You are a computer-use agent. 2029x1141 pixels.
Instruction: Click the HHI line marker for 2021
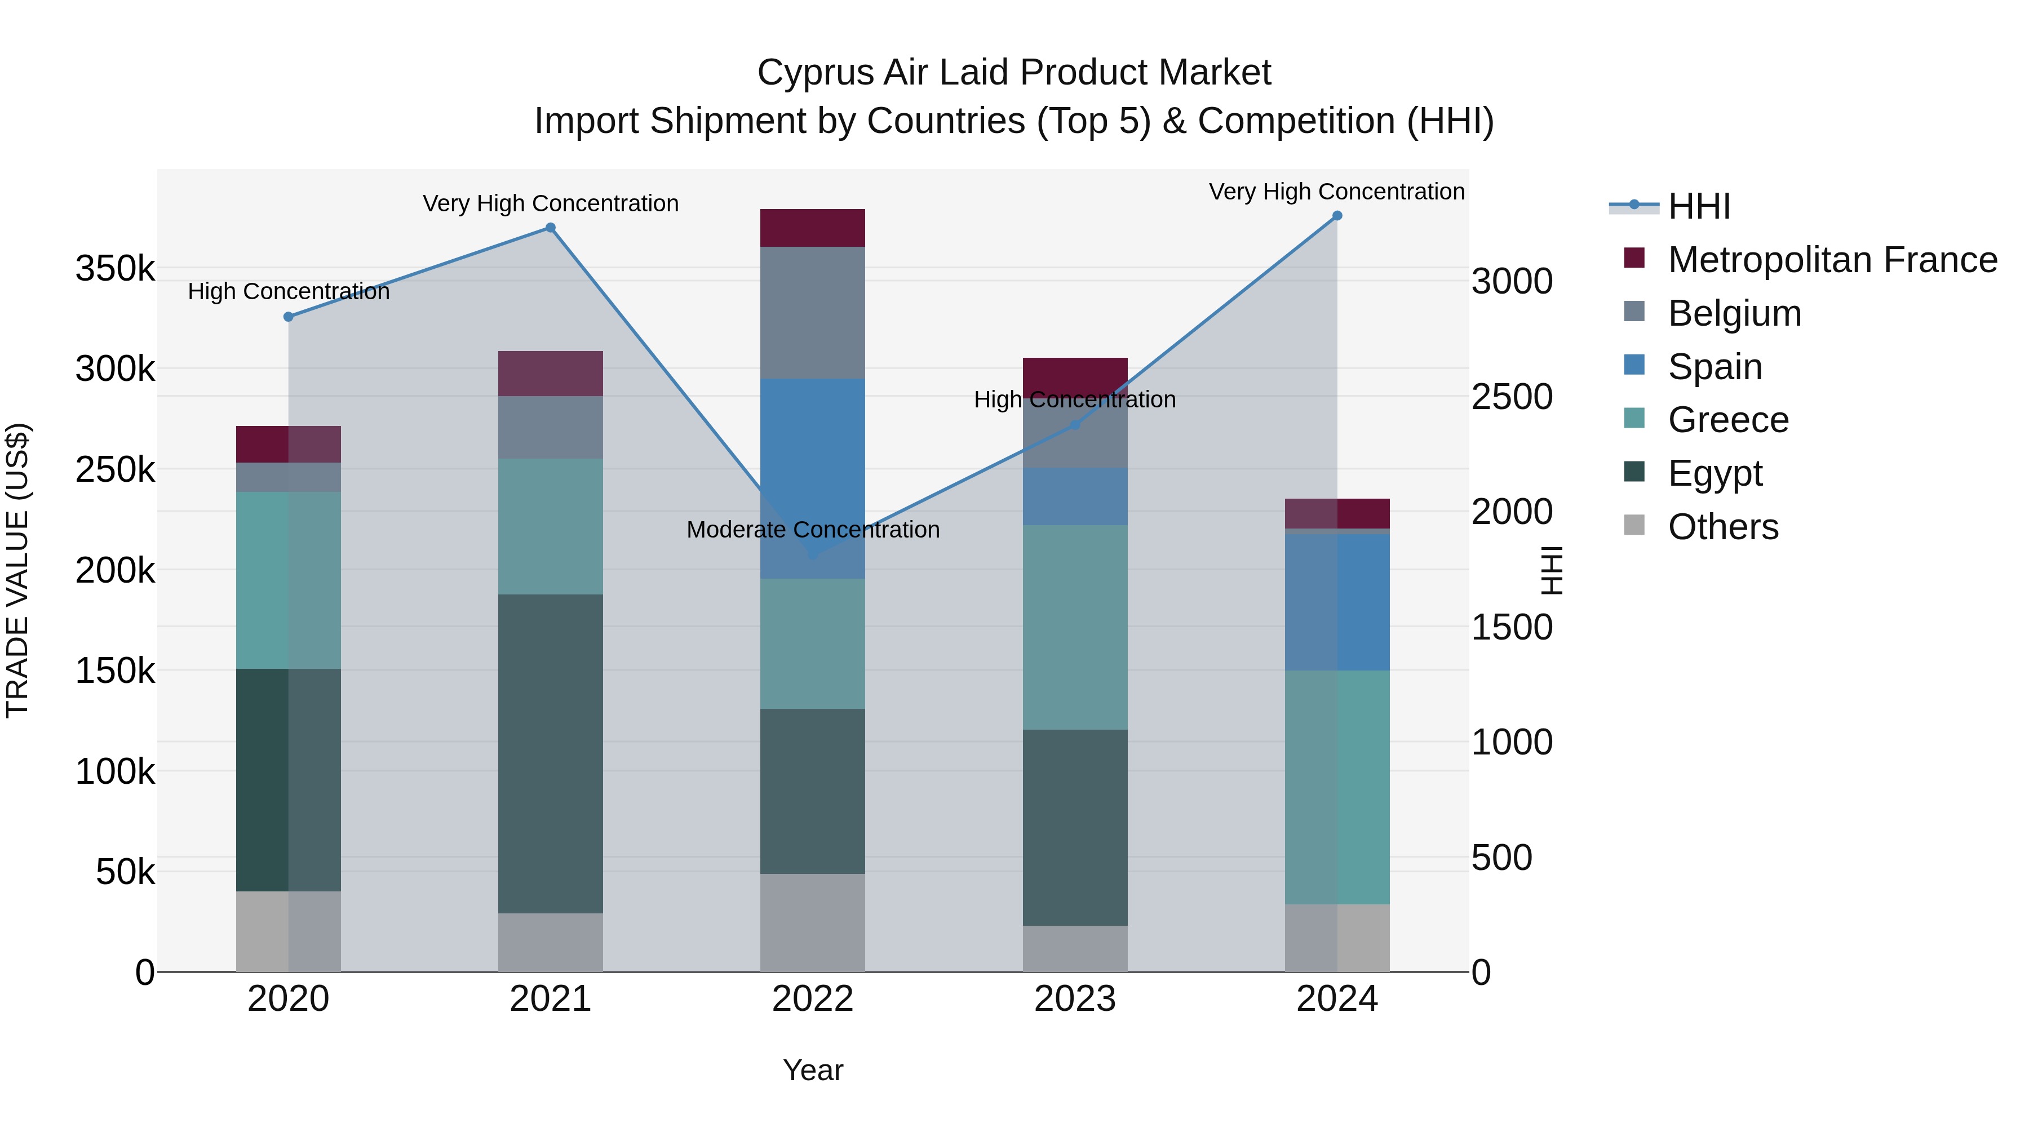551,228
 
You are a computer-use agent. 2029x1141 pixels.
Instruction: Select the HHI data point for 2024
1337,216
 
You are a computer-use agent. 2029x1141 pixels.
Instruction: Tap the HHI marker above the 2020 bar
288,317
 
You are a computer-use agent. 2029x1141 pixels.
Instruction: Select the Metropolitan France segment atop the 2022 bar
812,228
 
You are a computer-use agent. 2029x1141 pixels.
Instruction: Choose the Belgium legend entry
1733,313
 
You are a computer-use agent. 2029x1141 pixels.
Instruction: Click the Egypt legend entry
1714,473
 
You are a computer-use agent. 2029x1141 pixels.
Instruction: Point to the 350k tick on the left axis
115,269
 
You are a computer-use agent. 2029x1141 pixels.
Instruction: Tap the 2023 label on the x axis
1074,999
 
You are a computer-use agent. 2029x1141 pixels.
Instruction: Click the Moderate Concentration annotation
813,530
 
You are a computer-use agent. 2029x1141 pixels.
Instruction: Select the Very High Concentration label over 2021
551,204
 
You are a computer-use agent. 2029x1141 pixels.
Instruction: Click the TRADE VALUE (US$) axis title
17,570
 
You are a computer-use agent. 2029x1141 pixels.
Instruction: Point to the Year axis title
813,1070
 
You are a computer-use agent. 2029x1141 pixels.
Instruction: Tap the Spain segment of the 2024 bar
1337,602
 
